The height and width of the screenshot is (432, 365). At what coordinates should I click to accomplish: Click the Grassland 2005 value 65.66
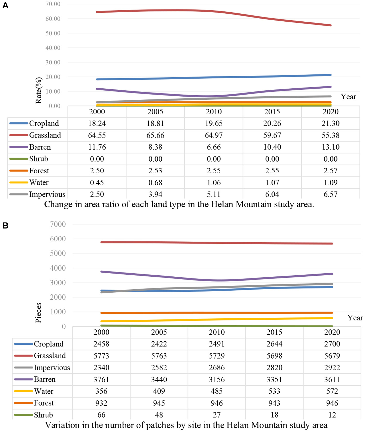pos(155,135)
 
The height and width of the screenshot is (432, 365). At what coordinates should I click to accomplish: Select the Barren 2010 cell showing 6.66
pos(214,147)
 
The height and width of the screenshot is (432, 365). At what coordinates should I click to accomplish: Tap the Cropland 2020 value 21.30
pos(330,123)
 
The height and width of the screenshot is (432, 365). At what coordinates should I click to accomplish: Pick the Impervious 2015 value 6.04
pos(272,194)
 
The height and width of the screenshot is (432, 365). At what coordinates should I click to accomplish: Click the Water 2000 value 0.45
pos(97,183)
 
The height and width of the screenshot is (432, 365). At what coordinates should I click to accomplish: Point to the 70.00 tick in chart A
pos(53,4)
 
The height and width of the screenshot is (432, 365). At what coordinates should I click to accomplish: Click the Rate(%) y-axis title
pos(39,90)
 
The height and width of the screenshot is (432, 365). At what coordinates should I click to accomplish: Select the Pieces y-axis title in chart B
pos(38,313)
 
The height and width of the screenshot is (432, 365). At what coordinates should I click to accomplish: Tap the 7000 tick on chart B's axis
pos(58,224)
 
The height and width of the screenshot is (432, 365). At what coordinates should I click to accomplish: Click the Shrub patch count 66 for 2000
pos(101,415)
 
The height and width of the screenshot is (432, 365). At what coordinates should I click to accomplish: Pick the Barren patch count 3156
pos(217,379)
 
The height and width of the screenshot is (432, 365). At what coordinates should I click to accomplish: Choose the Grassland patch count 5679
pos(332,356)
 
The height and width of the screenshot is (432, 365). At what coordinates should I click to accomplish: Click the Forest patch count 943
pos(274,403)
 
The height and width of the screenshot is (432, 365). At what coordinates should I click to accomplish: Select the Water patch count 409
pos(159,391)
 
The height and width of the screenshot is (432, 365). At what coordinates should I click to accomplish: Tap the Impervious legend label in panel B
pos(52,368)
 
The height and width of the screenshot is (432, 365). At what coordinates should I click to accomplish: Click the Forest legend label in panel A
pos(39,171)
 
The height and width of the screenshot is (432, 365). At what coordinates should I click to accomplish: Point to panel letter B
pos(5,226)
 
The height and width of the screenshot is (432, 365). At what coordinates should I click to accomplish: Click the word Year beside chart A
pos(348,97)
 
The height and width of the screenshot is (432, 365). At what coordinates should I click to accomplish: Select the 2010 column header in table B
pos(217,332)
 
